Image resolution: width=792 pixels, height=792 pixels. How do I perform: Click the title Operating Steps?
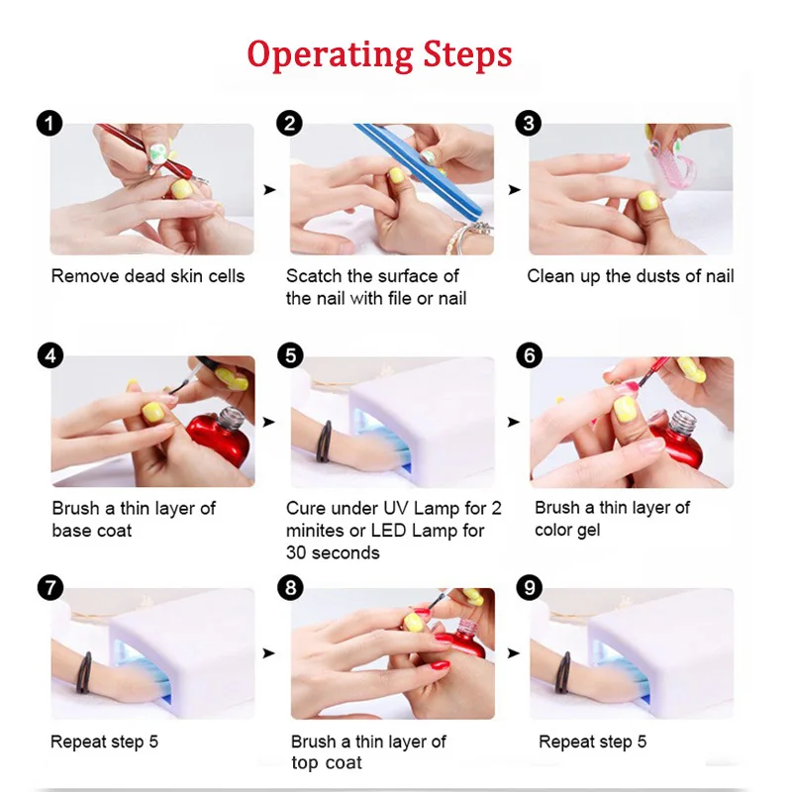click(x=379, y=53)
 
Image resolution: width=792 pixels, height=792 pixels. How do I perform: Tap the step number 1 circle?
click(x=49, y=124)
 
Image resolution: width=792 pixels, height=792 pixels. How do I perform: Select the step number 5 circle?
click(x=289, y=355)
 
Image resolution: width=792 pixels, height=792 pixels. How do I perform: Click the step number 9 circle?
click(x=530, y=587)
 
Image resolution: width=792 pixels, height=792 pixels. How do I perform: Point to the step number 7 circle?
click(x=49, y=587)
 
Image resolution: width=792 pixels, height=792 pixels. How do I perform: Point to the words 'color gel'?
click(x=567, y=530)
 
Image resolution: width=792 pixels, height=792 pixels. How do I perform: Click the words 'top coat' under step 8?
click(x=327, y=762)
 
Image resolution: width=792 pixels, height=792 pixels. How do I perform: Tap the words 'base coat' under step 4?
click(x=92, y=531)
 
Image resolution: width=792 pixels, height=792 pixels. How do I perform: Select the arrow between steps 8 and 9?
click(x=512, y=653)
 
